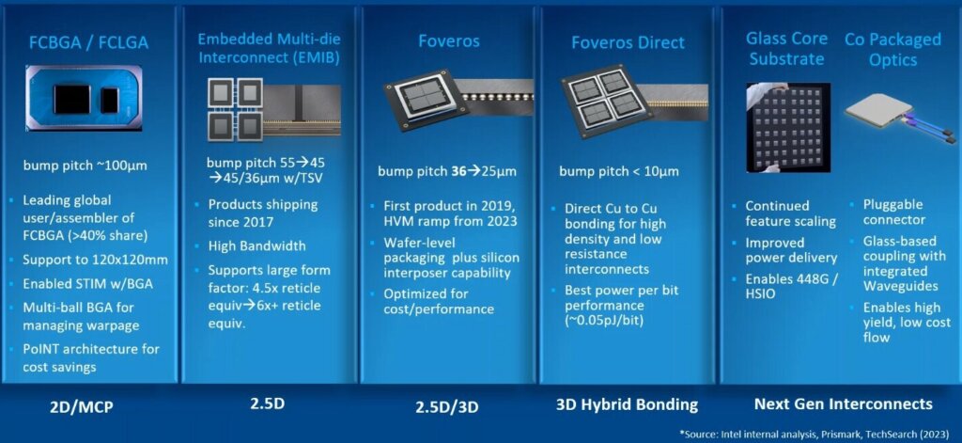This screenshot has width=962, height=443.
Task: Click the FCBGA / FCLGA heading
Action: (x=90, y=42)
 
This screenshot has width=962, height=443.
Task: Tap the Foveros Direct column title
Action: (x=627, y=42)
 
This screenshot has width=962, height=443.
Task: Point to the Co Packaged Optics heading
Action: (x=892, y=49)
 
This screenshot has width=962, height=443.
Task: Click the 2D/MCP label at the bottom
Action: (x=89, y=404)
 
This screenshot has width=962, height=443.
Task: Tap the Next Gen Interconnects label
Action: (x=843, y=404)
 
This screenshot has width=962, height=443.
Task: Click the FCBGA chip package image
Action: (x=90, y=100)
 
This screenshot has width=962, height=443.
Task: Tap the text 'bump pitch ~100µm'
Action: (x=84, y=166)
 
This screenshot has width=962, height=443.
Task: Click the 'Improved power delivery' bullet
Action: (x=791, y=250)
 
